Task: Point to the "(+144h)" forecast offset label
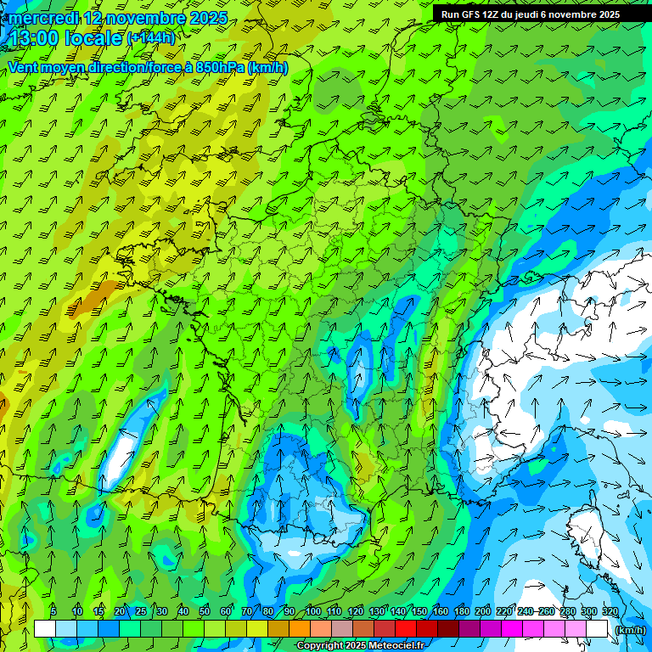pyautogui.click(x=151, y=37)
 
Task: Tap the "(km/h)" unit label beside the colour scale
pyautogui.click(x=630, y=630)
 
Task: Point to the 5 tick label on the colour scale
pyautogui.click(x=54, y=611)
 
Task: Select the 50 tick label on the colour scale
pyautogui.click(x=205, y=611)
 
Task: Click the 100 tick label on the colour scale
pyautogui.click(x=312, y=611)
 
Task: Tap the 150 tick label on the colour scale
pyautogui.click(x=419, y=611)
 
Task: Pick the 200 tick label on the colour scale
pyautogui.click(x=483, y=611)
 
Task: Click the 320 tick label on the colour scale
pyautogui.click(x=609, y=611)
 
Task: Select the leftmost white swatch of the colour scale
pyautogui.click(x=45, y=629)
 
